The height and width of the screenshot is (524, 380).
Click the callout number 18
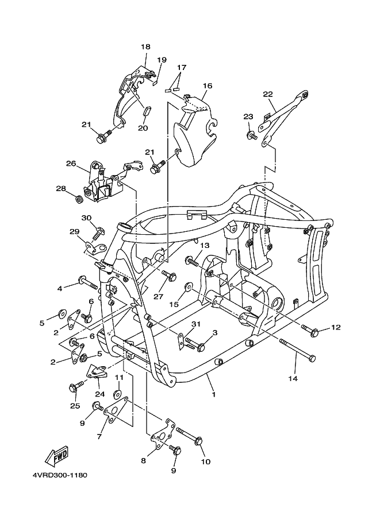145,47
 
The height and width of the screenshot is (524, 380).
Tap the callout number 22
268,94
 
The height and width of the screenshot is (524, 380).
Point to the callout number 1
213,395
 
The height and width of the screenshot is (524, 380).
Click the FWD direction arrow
58,456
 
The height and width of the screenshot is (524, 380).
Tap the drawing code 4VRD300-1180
56,476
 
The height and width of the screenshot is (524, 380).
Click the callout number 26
71,164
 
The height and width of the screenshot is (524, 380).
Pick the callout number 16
208,86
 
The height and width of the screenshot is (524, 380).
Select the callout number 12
336,328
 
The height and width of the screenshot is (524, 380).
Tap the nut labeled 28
79,200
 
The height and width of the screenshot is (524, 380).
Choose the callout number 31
196,324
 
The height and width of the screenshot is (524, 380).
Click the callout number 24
100,394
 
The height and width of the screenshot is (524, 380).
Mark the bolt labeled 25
75,388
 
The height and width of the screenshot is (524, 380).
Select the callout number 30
87,218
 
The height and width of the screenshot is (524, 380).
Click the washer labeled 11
117,394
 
